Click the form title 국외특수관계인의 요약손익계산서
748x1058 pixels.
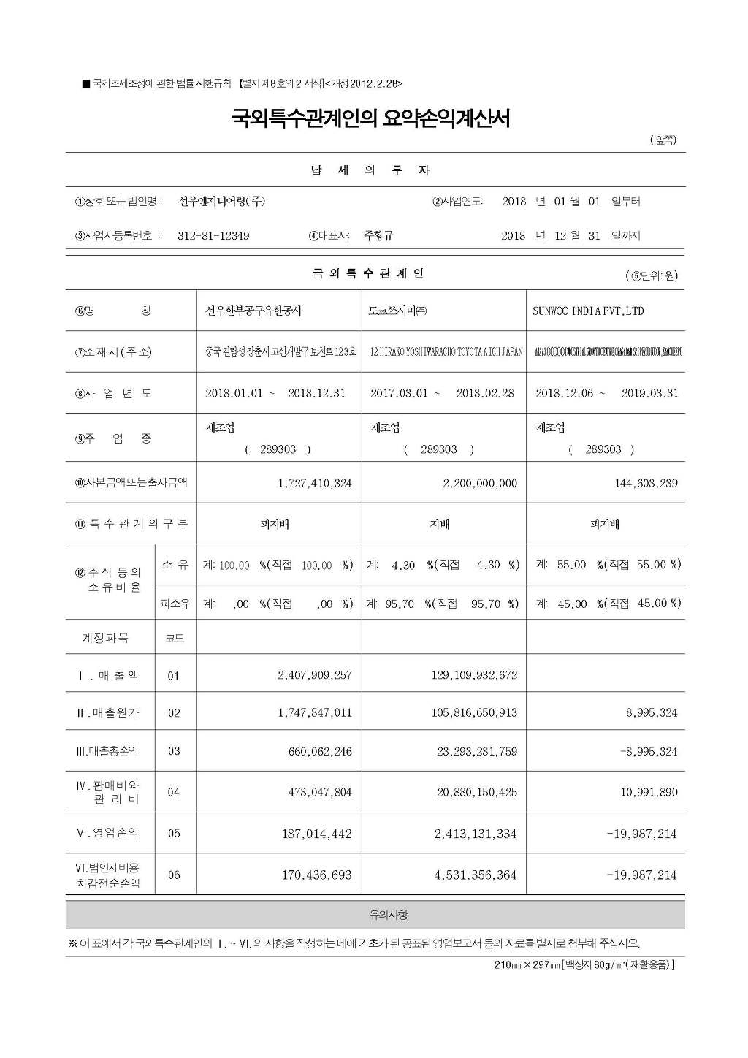point(370,118)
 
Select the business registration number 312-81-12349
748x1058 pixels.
point(213,236)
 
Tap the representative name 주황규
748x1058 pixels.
point(378,236)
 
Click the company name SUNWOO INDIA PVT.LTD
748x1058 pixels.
point(588,311)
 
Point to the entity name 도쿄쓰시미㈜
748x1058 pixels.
point(398,311)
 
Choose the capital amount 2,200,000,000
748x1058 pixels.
point(480,483)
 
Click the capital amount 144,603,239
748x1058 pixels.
point(646,483)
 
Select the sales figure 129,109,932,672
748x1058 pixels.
point(474,675)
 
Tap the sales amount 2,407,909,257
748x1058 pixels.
point(315,675)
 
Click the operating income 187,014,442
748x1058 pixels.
point(317,834)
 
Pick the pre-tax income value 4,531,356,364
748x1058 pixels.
point(476,875)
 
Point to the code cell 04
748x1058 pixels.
point(174,792)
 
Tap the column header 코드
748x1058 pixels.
point(175,639)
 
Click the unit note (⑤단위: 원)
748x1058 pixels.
point(652,276)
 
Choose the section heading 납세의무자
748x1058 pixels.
point(370,171)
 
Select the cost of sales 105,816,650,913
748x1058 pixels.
point(474,713)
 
